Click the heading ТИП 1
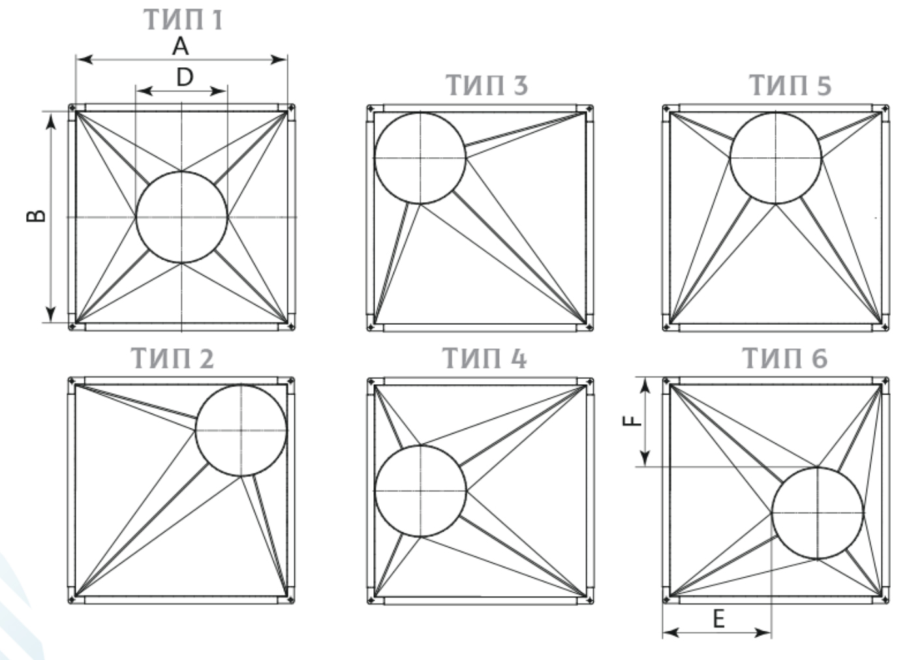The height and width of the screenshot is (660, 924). tap(183, 20)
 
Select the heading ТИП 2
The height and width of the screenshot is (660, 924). tap(172, 358)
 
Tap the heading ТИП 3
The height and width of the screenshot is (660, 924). tap(487, 85)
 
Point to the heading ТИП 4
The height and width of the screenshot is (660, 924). tap(484, 358)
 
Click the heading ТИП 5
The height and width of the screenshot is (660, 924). tap(790, 85)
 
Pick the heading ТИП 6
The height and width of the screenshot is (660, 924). tap(784, 358)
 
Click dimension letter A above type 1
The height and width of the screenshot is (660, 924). tap(180, 46)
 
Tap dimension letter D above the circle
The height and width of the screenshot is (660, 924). tap(185, 77)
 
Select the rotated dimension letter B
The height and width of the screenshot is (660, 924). tap(36, 216)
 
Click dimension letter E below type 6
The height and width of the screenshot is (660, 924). tap(719, 619)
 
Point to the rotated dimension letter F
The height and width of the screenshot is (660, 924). tap(632, 420)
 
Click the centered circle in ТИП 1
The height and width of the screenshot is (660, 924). tap(136, 217)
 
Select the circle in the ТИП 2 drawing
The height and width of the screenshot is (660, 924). tap(195, 430)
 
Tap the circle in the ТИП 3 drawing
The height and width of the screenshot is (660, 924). tap(374, 158)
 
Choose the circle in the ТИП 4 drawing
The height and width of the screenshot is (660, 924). tap(375, 491)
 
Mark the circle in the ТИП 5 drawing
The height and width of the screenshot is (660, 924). tap(730, 158)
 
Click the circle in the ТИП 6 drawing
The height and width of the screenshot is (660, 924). tap(772, 513)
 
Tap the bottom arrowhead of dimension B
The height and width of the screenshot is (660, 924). tap(50, 314)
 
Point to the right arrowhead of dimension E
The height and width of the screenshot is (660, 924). tap(763, 633)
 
